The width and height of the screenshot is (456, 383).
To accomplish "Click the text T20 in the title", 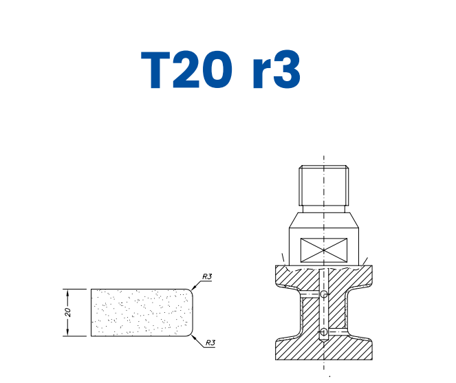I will point(186,69).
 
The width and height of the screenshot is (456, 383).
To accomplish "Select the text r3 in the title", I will point(274,69).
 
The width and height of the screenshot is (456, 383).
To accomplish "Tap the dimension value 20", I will point(68,312).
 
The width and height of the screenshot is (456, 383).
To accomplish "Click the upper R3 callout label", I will point(207,276).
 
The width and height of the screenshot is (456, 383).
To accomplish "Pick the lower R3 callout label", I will point(210,342).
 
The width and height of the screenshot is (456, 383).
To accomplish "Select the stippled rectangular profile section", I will point(141,312).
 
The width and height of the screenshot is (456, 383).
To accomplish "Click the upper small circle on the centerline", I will point(324,294).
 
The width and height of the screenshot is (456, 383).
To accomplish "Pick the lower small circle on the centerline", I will point(324,333).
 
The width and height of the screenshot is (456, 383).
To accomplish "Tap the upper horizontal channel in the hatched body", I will point(312,294).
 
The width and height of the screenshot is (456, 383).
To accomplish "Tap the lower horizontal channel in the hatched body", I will point(336,333).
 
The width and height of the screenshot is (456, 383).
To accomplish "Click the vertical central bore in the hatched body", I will point(324,314).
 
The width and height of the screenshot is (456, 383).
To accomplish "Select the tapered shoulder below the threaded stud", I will point(323,221).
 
